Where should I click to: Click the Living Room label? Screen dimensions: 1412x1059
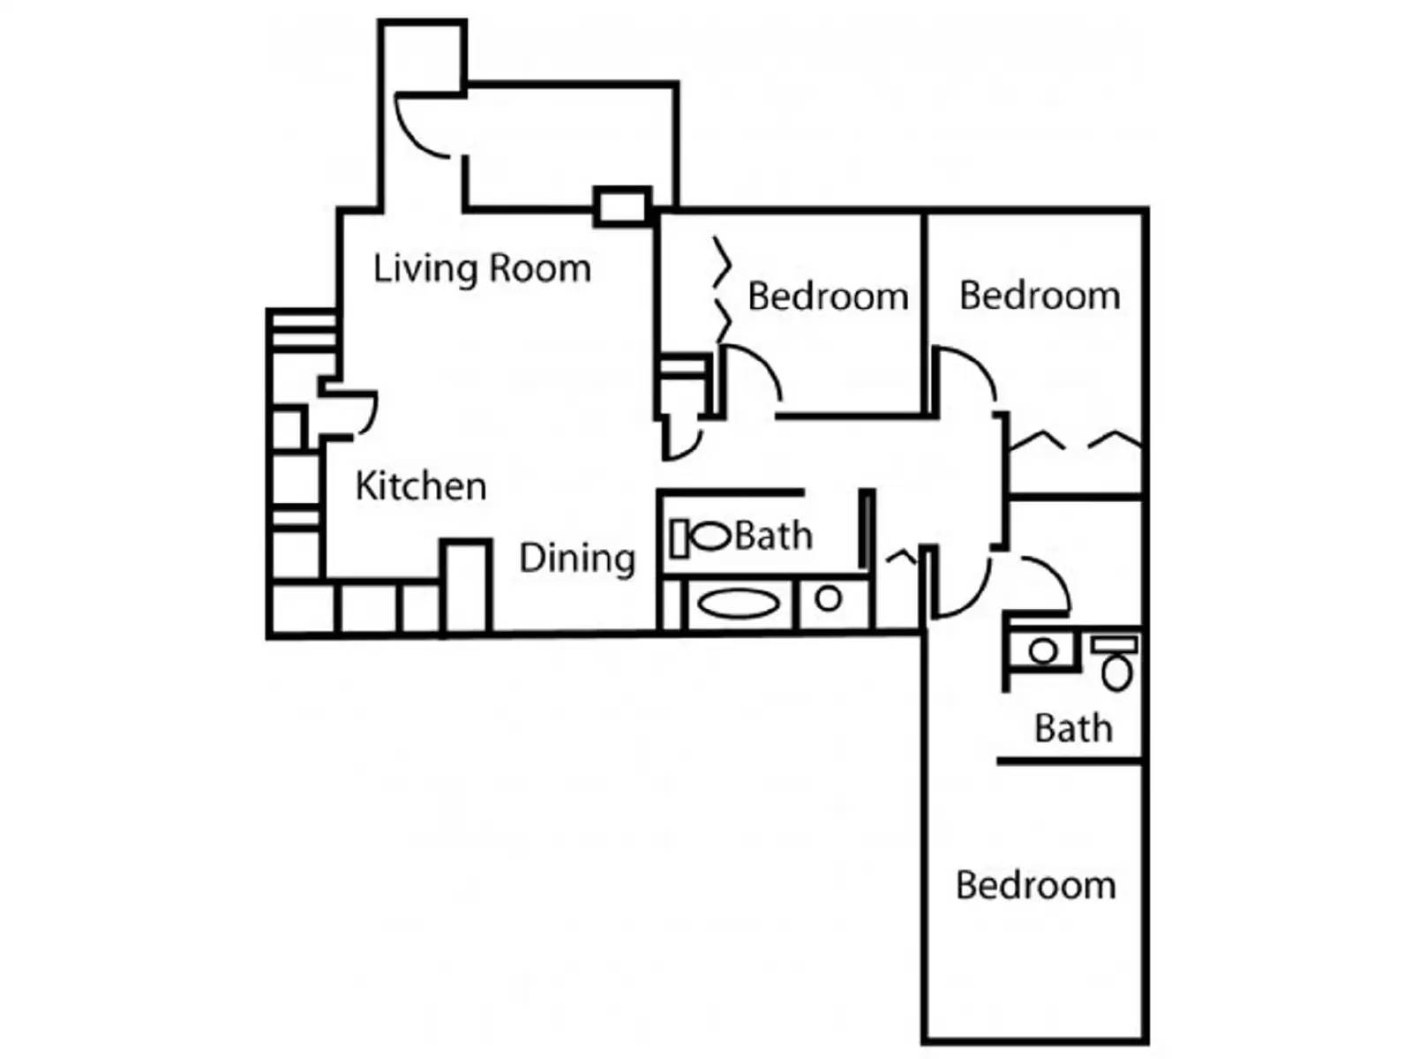pos(482,269)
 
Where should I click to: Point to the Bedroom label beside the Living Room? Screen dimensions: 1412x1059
pos(828,297)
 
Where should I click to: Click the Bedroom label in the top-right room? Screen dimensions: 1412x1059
pos(1040,296)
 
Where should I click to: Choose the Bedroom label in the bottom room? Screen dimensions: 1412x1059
pos(1036,885)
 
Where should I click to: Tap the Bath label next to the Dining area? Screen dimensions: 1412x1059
pos(774,536)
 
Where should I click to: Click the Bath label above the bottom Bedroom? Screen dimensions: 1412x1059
pos(1073,729)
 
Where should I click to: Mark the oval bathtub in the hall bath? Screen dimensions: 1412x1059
pos(739,603)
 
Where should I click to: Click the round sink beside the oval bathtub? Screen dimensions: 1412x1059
pos(829,599)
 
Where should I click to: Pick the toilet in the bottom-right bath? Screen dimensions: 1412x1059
pos(1116,662)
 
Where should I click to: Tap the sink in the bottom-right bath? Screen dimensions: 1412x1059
pos(1043,651)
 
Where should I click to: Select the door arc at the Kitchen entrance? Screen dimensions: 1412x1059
pos(369,417)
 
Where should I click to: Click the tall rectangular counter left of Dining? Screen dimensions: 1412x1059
pos(466,586)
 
